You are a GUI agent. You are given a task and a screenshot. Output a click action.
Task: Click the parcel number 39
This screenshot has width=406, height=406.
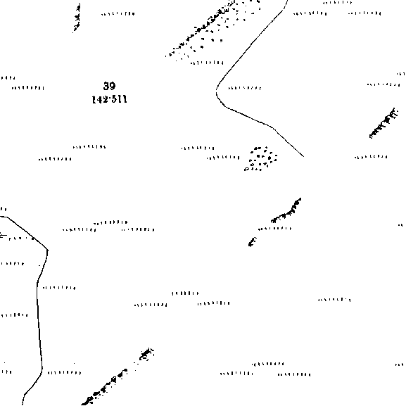tap(109, 86)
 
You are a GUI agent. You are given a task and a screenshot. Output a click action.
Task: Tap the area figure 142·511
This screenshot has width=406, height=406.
tap(110, 99)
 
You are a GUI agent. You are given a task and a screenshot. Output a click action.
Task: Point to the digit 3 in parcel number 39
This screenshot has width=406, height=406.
tap(106, 86)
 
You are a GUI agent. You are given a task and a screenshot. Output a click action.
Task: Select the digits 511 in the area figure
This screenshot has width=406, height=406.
tap(119, 99)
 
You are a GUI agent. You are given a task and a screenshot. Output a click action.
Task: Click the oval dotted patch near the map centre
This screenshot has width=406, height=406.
tap(260, 158)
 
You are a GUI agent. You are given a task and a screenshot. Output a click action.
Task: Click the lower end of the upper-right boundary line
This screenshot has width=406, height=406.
tap(303, 156)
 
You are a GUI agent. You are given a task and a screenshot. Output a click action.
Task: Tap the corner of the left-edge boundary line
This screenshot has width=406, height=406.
tap(48, 250)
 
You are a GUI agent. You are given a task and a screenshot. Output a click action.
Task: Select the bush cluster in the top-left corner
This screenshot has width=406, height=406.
tap(77, 18)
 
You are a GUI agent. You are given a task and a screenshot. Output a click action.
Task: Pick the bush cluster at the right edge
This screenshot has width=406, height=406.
tap(383, 123)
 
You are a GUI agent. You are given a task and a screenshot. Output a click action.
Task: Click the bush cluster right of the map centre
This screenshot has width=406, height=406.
tap(286, 211)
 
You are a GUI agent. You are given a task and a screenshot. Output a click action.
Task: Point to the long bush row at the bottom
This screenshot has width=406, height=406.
tap(118, 376)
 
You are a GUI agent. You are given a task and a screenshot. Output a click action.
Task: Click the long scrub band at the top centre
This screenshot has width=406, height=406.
tap(212, 28)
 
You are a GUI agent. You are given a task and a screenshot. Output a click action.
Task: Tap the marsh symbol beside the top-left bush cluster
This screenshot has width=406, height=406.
tap(118, 14)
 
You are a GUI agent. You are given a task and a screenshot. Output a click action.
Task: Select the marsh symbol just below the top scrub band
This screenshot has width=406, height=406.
tap(207, 63)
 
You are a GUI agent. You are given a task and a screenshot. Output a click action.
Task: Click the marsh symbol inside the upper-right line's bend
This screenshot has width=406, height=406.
tap(245, 88)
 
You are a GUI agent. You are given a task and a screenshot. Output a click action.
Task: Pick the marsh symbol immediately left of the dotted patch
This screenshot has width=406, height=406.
tap(223, 158)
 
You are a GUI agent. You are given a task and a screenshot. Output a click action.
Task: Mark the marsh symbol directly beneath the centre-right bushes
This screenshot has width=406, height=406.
tap(274, 229)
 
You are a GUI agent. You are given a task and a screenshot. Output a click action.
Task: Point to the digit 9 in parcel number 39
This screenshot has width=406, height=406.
tap(112, 86)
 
